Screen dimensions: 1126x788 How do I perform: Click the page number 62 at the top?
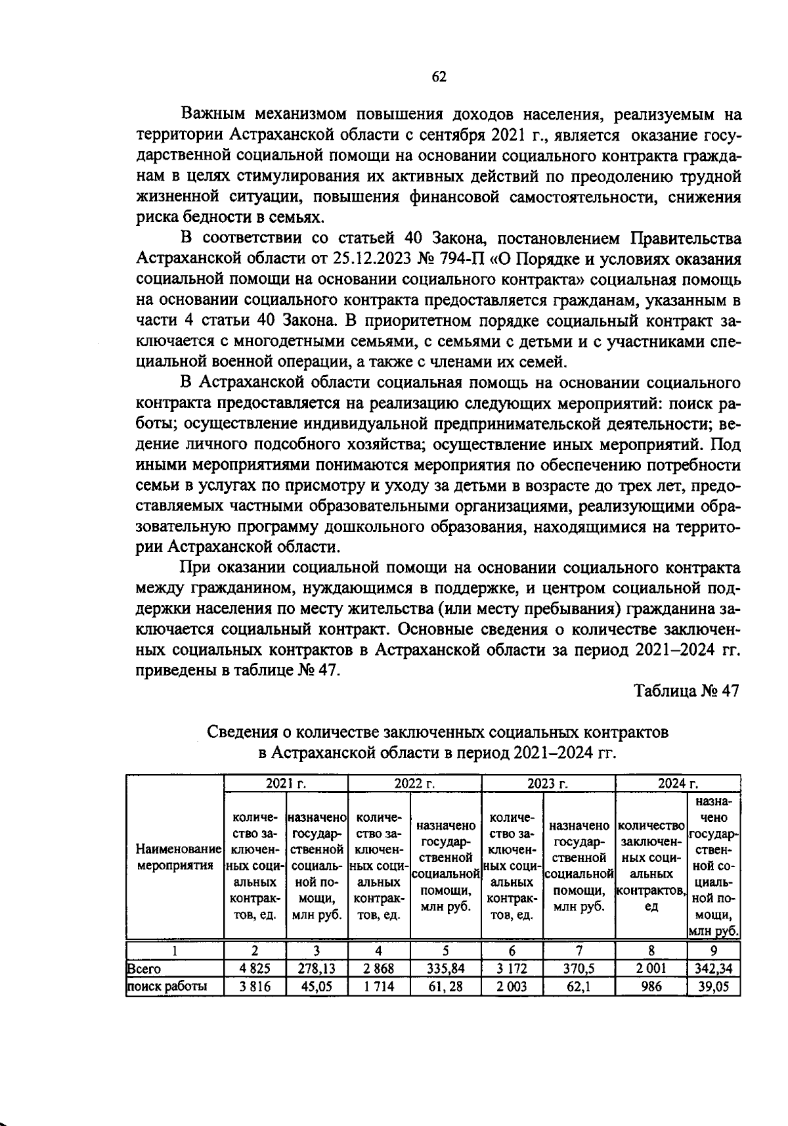click(x=439, y=78)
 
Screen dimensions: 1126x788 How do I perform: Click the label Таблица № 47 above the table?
click(x=686, y=691)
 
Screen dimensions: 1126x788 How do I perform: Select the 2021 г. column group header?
click(x=286, y=783)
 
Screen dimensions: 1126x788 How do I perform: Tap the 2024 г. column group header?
click(x=678, y=783)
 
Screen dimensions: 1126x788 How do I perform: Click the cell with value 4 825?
click(x=255, y=968)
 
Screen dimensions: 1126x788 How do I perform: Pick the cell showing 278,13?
click(x=317, y=968)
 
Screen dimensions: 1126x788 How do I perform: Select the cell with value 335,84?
click(x=445, y=968)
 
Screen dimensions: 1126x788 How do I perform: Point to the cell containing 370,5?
click(x=579, y=968)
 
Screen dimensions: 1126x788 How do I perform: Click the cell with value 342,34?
click(x=713, y=968)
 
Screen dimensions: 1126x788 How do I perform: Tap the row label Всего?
click(x=144, y=969)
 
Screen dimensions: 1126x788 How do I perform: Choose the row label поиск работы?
click(x=167, y=986)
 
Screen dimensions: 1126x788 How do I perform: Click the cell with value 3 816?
click(x=255, y=986)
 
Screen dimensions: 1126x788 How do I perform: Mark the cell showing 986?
click(x=651, y=986)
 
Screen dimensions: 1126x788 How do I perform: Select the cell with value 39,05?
click(x=713, y=986)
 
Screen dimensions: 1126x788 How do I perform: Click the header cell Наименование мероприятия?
click(x=175, y=857)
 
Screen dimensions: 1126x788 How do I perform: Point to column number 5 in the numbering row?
click(x=445, y=951)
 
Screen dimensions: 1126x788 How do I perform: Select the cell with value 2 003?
click(x=512, y=986)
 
